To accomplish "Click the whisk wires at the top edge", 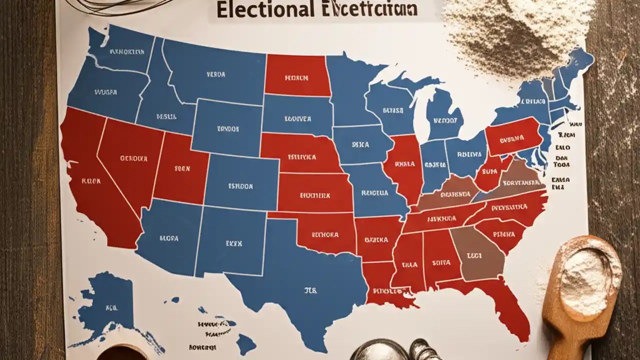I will pos(125,6).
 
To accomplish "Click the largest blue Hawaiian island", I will pos(245,344).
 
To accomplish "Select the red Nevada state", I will pos(132,160).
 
